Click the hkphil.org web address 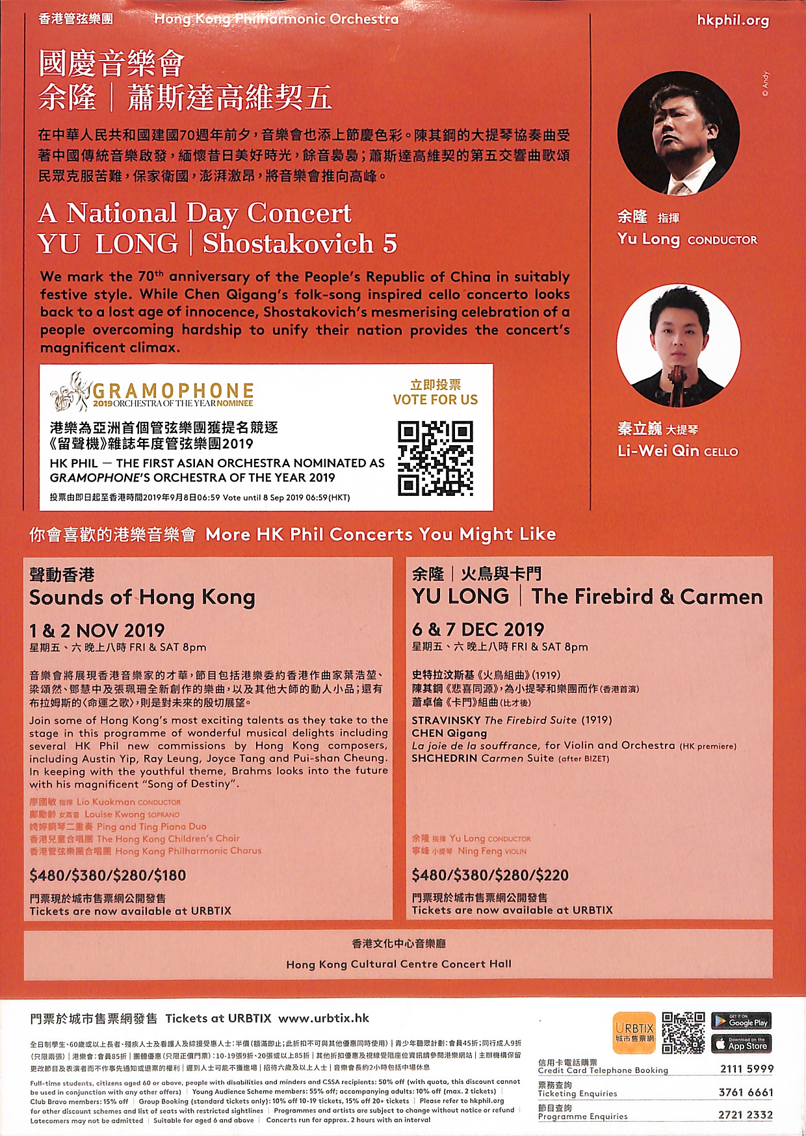tap(733, 20)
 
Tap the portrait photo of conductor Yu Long tap(678, 133)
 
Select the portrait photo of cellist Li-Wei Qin tap(678, 346)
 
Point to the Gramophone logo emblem tap(70, 391)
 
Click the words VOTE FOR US tap(435, 400)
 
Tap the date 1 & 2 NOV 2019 tap(97, 630)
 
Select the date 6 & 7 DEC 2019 tap(478, 629)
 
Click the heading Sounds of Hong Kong tap(142, 597)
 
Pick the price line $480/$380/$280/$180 tap(108, 875)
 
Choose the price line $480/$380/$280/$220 tap(490, 875)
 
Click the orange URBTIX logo tap(634, 1032)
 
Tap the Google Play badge tap(741, 1021)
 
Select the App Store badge tap(741, 1044)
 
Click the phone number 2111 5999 tap(746, 1069)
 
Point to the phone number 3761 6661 tap(746, 1092)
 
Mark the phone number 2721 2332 tap(746, 1115)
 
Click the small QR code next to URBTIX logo tap(683, 1032)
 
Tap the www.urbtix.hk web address tap(323, 1018)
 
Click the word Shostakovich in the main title tap(288, 244)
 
